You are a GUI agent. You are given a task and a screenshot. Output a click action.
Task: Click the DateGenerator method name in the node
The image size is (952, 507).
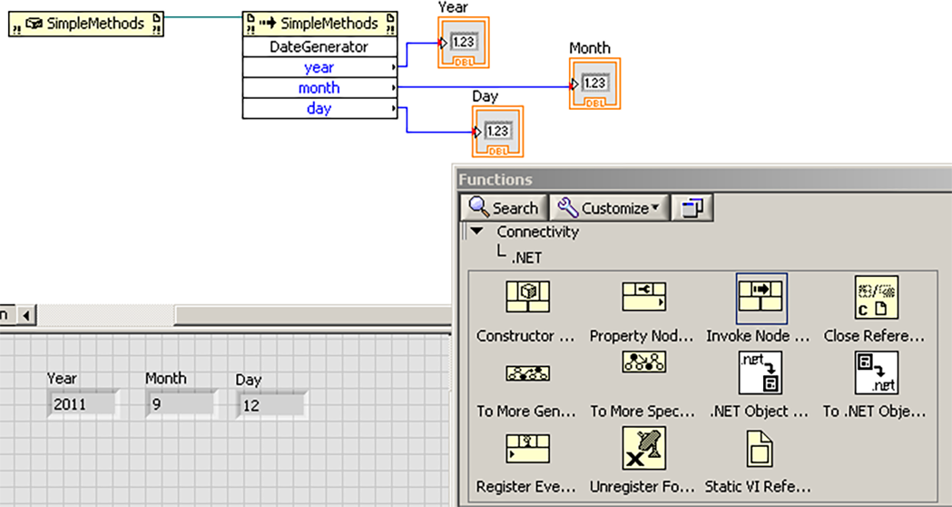[x=319, y=47]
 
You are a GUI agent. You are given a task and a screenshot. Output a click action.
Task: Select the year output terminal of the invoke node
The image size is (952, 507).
[x=320, y=67]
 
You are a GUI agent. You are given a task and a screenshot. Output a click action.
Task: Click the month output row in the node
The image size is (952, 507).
[x=320, y=88]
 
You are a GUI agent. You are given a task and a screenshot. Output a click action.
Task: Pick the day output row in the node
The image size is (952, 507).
[x=320, y=108]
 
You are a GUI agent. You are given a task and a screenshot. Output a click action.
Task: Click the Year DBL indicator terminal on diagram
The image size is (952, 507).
[x=463, y=43]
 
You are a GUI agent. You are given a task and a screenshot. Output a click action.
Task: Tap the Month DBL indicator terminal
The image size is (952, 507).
[x=594, y=84]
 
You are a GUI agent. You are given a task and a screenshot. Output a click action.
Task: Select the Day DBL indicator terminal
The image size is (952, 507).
[x=497, y=132]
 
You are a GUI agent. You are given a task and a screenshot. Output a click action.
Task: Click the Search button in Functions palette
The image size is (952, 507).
[x=504, y=208]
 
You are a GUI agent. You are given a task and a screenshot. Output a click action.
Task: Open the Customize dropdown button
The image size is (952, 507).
[x=609, y=208]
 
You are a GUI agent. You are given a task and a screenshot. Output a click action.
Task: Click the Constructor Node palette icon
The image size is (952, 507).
[x=527, y=297]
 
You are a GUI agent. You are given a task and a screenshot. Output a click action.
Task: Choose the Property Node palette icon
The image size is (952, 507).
[x=644, y=297]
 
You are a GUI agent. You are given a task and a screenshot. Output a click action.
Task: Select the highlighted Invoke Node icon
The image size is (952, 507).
[x=761, y=299]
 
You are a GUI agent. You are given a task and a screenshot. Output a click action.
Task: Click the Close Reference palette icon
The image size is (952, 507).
[x=876, y=298]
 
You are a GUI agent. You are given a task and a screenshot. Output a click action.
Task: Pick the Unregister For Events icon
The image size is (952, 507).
[x=644, y=448]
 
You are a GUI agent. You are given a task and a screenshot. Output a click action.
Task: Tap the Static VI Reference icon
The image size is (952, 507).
[x=760, y=448]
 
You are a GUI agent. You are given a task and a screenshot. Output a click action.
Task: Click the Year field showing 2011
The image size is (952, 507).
[x=82, y=404]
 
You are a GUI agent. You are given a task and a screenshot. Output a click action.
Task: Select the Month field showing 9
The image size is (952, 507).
[x=181, y=404]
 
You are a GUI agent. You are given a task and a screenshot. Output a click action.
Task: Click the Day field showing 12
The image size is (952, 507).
[x=271, y=405]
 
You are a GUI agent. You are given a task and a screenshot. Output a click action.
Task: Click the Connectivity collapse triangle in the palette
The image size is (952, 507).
[x=477, y=231]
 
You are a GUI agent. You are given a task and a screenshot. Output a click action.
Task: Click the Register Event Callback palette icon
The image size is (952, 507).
[x=527, y=448]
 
